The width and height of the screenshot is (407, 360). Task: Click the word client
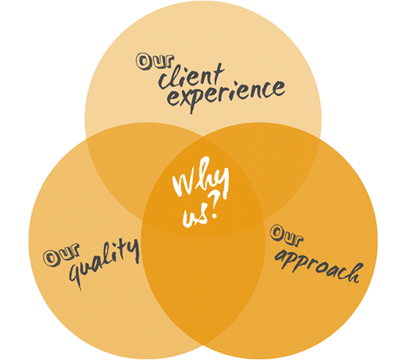pyautogui.click(x=191, y=76)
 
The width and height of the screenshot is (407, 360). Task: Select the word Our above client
pyautogui.click(x=155, y=62)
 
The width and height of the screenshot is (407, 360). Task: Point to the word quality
pyautogui.click(x=104, y=262)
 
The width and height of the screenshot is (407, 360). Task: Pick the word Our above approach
pyautogui.click(x=286, y=235)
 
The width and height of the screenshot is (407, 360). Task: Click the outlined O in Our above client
pyautogui.click(x=144, y=62)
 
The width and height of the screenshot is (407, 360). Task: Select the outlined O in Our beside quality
pyautogui.click(x=51, y=259)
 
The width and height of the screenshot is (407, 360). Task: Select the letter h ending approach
pyautogui.click(x=355, y=273)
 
